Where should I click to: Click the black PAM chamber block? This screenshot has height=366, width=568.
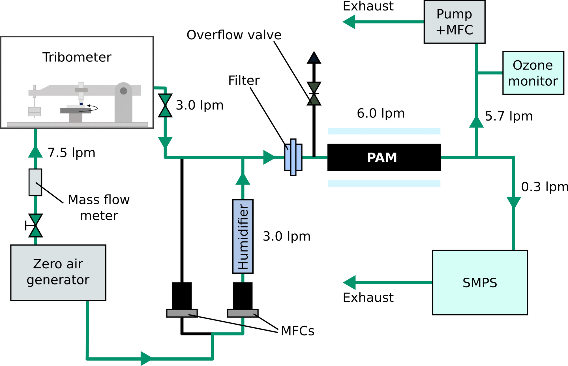(x=384, y=157)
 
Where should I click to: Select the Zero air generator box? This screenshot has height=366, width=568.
(x=58, y=272)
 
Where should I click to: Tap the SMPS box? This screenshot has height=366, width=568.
(x=480, y=282)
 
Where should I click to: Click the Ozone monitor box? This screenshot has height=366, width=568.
(x=533, y=73)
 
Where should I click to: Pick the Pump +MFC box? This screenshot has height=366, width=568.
(x=454, y=22)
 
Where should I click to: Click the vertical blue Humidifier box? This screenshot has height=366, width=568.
(x=243, y=236)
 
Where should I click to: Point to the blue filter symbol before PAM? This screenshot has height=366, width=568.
(x=293, y=157)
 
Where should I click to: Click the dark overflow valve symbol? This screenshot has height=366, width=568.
(x=314, y=94)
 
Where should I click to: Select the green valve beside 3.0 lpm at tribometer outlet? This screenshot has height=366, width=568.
(x=165, y=105)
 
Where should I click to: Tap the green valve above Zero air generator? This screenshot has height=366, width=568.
(x=35, y=225)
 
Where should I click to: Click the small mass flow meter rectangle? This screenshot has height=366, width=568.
(x=35, y=182)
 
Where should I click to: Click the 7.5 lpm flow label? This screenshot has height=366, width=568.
(x=71, y=153)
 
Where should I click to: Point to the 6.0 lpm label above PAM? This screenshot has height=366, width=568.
(x=380, y=113)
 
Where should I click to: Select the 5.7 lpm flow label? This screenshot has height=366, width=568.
(x=509, y=116)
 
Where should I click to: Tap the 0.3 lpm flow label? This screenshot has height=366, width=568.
(x=544, y=187)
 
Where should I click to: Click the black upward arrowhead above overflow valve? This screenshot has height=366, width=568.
(x=314, y=58)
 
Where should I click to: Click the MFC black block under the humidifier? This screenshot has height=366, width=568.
(x=243, y=296)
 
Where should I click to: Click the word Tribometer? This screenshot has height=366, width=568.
(x=77, y=57)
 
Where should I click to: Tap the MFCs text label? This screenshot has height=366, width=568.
(x=297, y=331)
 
